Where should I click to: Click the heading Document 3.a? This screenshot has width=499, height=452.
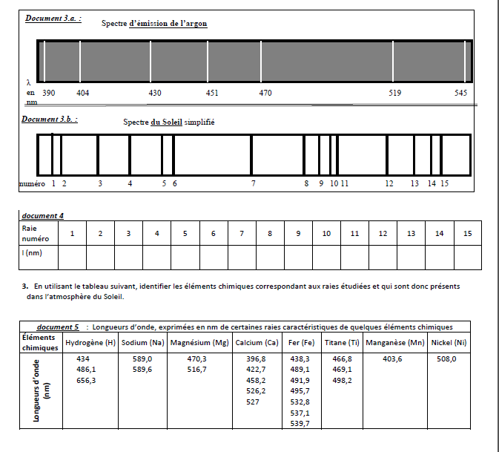[53, 18]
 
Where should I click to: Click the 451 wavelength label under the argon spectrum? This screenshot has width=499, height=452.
[211, 93]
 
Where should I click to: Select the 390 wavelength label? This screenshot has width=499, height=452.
[49, 93]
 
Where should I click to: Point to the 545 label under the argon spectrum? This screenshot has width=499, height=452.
[460, 93]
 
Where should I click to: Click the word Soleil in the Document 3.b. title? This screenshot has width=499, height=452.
[171, 122]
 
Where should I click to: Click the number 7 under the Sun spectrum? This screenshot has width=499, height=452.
[253, 183]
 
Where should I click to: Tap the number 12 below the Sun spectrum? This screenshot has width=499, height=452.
[389, 183]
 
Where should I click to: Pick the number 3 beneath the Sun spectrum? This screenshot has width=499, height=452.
[99, 183]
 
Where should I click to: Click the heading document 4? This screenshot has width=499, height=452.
[42, 215]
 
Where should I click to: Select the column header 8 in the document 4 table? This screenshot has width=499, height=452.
[270, 234]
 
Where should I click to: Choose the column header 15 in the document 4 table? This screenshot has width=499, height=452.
[467, 234]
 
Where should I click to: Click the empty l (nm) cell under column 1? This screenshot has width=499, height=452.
[72, 257]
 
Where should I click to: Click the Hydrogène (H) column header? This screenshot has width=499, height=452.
[90, 343]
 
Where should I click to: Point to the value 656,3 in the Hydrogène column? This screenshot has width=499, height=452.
[87, 380]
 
